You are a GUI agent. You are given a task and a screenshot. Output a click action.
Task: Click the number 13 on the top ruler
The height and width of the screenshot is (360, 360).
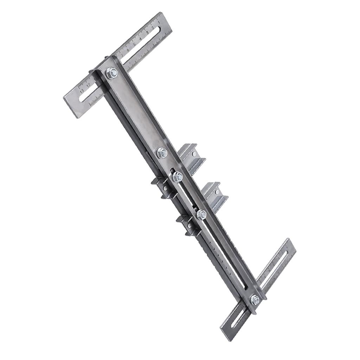(x=82, y=91)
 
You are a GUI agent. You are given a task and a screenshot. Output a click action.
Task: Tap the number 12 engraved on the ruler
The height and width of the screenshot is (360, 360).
(x=88, y=85)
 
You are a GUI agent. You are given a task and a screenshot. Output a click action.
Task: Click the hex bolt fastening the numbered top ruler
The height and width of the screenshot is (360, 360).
(x=112, y=73)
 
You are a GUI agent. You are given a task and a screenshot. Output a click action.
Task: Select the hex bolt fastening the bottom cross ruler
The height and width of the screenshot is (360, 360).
(x=255, y=300)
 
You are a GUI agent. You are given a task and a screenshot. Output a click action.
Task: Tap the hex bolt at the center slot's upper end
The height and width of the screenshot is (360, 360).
(x=178, y=177)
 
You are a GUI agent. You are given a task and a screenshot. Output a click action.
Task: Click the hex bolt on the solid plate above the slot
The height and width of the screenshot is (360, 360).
(x=162, y=153)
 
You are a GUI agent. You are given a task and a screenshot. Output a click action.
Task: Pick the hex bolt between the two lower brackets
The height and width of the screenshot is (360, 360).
(x=201, y=214)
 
